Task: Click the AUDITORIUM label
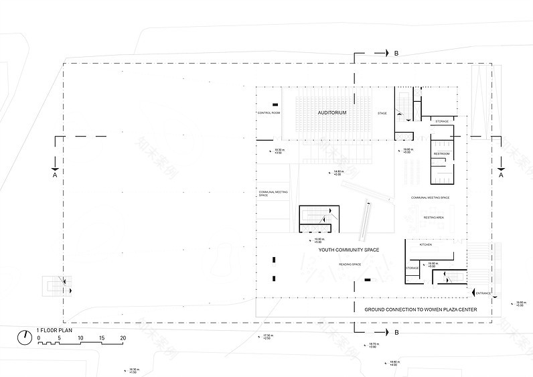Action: click(x=332, y=113)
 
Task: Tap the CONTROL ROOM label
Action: click(x=268, y=113)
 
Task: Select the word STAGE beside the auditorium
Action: click(x=382, y=113)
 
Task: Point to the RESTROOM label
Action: click(x=441, y=154)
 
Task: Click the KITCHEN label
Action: click(x=426, y=245)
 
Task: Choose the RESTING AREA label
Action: click(x=434, y=218)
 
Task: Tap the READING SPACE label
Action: click(x=350, y=265)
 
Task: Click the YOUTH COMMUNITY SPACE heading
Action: click(x=349, y=250)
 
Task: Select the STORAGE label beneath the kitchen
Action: click(x=412, y=268)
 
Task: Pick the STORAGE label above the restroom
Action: click(x=441, y=121)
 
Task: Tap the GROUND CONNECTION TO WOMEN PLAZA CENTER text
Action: click(x=421, y=310)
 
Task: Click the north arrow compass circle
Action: click(x=25, y=337)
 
